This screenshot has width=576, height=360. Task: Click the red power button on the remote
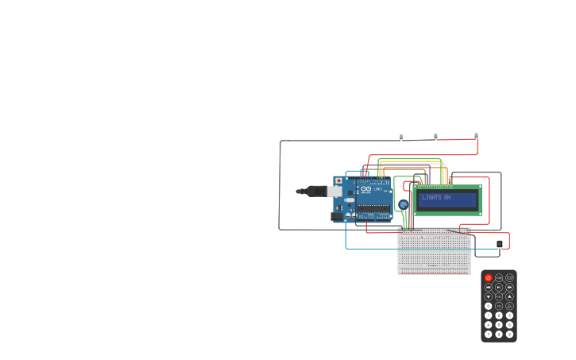pos(489,278)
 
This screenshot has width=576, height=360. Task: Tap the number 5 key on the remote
pos(499,324)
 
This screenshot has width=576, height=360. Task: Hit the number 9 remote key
pos(509,334)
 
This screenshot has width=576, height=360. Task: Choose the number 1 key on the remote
pos(489,315)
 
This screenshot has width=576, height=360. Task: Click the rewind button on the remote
pos(489,287)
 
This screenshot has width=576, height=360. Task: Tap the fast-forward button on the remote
pos(509,287)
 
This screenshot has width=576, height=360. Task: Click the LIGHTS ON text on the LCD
pos(437,197)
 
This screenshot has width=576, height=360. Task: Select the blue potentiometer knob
pos(403,205)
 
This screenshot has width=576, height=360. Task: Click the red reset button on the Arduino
pos(338,180)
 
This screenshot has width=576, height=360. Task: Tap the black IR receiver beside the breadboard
pos(500,244)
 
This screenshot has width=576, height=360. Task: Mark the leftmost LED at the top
pos(401,137)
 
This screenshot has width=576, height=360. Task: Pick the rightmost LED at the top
pos(476,136)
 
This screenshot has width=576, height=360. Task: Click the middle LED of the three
pos(435,136)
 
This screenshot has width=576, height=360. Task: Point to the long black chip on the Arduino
pos(373,208)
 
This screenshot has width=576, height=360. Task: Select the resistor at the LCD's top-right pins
pos(449,180)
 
